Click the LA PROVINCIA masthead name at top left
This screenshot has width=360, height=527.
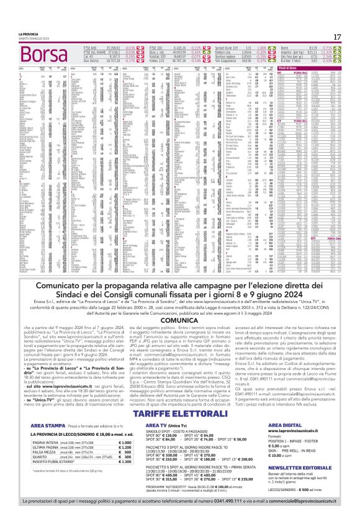click(x=28, y=34)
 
